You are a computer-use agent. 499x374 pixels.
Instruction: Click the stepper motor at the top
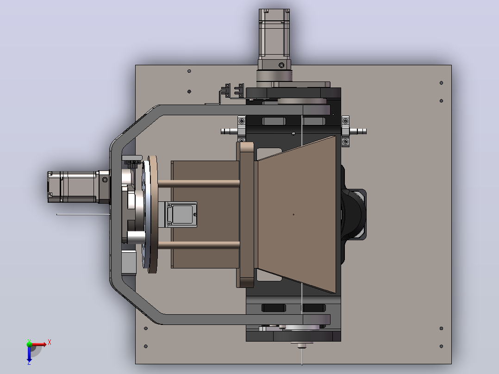(274, 38)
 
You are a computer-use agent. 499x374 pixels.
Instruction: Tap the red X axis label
(50, 343)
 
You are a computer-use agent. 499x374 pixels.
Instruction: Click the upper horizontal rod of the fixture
(199, 183)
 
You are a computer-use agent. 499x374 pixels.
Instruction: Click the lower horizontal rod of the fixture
(199, 245)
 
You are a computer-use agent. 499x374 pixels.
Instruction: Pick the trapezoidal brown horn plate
(297, 214)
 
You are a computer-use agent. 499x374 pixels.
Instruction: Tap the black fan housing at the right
(353, 214)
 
